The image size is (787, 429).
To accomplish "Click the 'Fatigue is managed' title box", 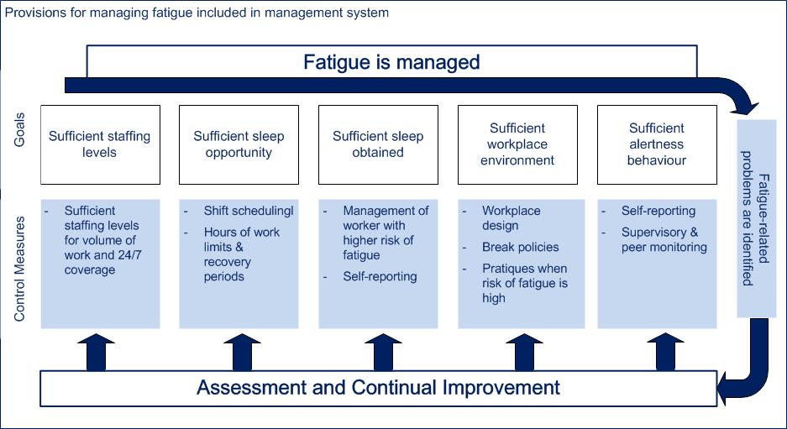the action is click(x=391, y=62).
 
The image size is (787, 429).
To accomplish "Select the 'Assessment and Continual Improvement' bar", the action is click(x=379, y=388).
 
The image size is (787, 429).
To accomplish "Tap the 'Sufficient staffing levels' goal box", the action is click(x=101, y=144).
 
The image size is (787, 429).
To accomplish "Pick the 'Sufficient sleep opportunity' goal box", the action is click(x=239, y=144).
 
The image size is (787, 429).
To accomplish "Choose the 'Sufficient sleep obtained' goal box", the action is click(x=379, y=144).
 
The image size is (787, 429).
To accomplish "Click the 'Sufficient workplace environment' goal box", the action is click(x=517, y=144).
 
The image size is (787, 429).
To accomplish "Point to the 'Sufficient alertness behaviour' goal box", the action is click(x=657, y=144).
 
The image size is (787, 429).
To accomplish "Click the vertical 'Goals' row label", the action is click(x=19, y=129).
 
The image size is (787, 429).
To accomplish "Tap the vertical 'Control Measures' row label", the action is click(x=19, y=269).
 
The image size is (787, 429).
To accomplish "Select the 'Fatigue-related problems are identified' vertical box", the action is click(x=757, y=218).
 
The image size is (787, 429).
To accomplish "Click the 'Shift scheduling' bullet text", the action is click(x=249, y=211).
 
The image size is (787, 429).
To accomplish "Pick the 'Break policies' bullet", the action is click(x=521, y=247).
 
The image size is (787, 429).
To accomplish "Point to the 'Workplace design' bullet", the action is click(x=511, y=217).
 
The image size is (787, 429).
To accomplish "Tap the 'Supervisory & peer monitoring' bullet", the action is click(x=664, y=239).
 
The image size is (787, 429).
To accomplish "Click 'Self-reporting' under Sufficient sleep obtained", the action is click(x=380, y=276).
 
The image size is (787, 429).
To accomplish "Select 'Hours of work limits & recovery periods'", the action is click(x=241, y=254).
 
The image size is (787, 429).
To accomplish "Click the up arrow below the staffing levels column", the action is click(x=97, y=353).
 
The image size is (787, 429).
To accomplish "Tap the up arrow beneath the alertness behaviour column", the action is click(x=665, y=353).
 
